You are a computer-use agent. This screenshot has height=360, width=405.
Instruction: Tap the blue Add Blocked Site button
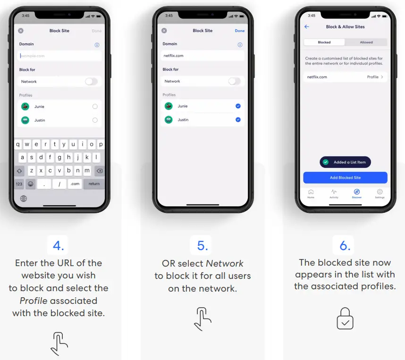pos(345,177)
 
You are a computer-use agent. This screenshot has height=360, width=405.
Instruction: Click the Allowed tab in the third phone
pos(366,42)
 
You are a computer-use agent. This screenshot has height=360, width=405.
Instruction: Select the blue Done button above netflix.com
pos(240,31)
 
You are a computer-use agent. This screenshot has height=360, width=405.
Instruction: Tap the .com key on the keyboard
pos(75,184)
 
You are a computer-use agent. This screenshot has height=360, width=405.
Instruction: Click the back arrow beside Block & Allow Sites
pos(307,27)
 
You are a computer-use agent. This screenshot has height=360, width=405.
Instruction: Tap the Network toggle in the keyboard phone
pos(91,82)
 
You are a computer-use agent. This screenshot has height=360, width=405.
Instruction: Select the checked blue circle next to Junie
pos(238,106)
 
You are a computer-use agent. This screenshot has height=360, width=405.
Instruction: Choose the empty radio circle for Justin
pos(95,120)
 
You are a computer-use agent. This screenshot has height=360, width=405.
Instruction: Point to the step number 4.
pos(59,245)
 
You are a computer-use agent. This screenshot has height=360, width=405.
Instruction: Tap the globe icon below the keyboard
pos(24,199)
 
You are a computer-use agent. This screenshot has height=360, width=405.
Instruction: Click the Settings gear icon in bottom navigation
pos(380,192)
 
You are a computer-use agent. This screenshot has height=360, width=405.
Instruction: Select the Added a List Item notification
pos(345,162)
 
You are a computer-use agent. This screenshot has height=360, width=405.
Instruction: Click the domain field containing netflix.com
pos(202,56)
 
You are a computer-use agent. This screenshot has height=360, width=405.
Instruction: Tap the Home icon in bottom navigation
pos(311,192)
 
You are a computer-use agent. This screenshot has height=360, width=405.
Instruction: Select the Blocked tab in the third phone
pos(324,42)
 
